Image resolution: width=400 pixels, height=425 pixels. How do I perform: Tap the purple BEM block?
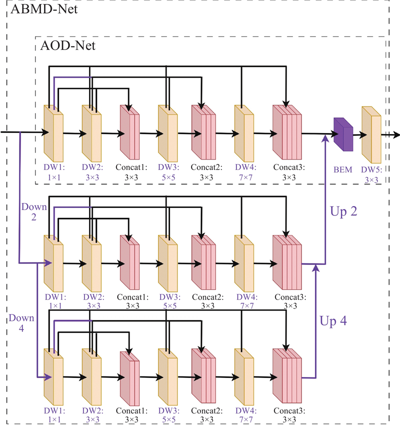coord(343,134)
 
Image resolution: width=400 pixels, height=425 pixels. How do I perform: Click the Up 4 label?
coord(333,320)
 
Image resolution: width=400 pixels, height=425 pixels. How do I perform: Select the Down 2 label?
coord(33,211)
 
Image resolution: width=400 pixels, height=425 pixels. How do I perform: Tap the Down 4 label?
coord(21,322)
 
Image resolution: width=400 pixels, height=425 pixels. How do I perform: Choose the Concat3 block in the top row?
coord(287,132)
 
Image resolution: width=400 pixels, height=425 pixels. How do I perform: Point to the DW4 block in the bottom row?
coord(244,376)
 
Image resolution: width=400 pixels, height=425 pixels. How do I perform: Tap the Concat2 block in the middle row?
coord(203,262)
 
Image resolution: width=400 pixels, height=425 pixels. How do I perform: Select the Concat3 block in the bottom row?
coord(287,376)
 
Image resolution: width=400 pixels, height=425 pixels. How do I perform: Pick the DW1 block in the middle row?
coord(53,262)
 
